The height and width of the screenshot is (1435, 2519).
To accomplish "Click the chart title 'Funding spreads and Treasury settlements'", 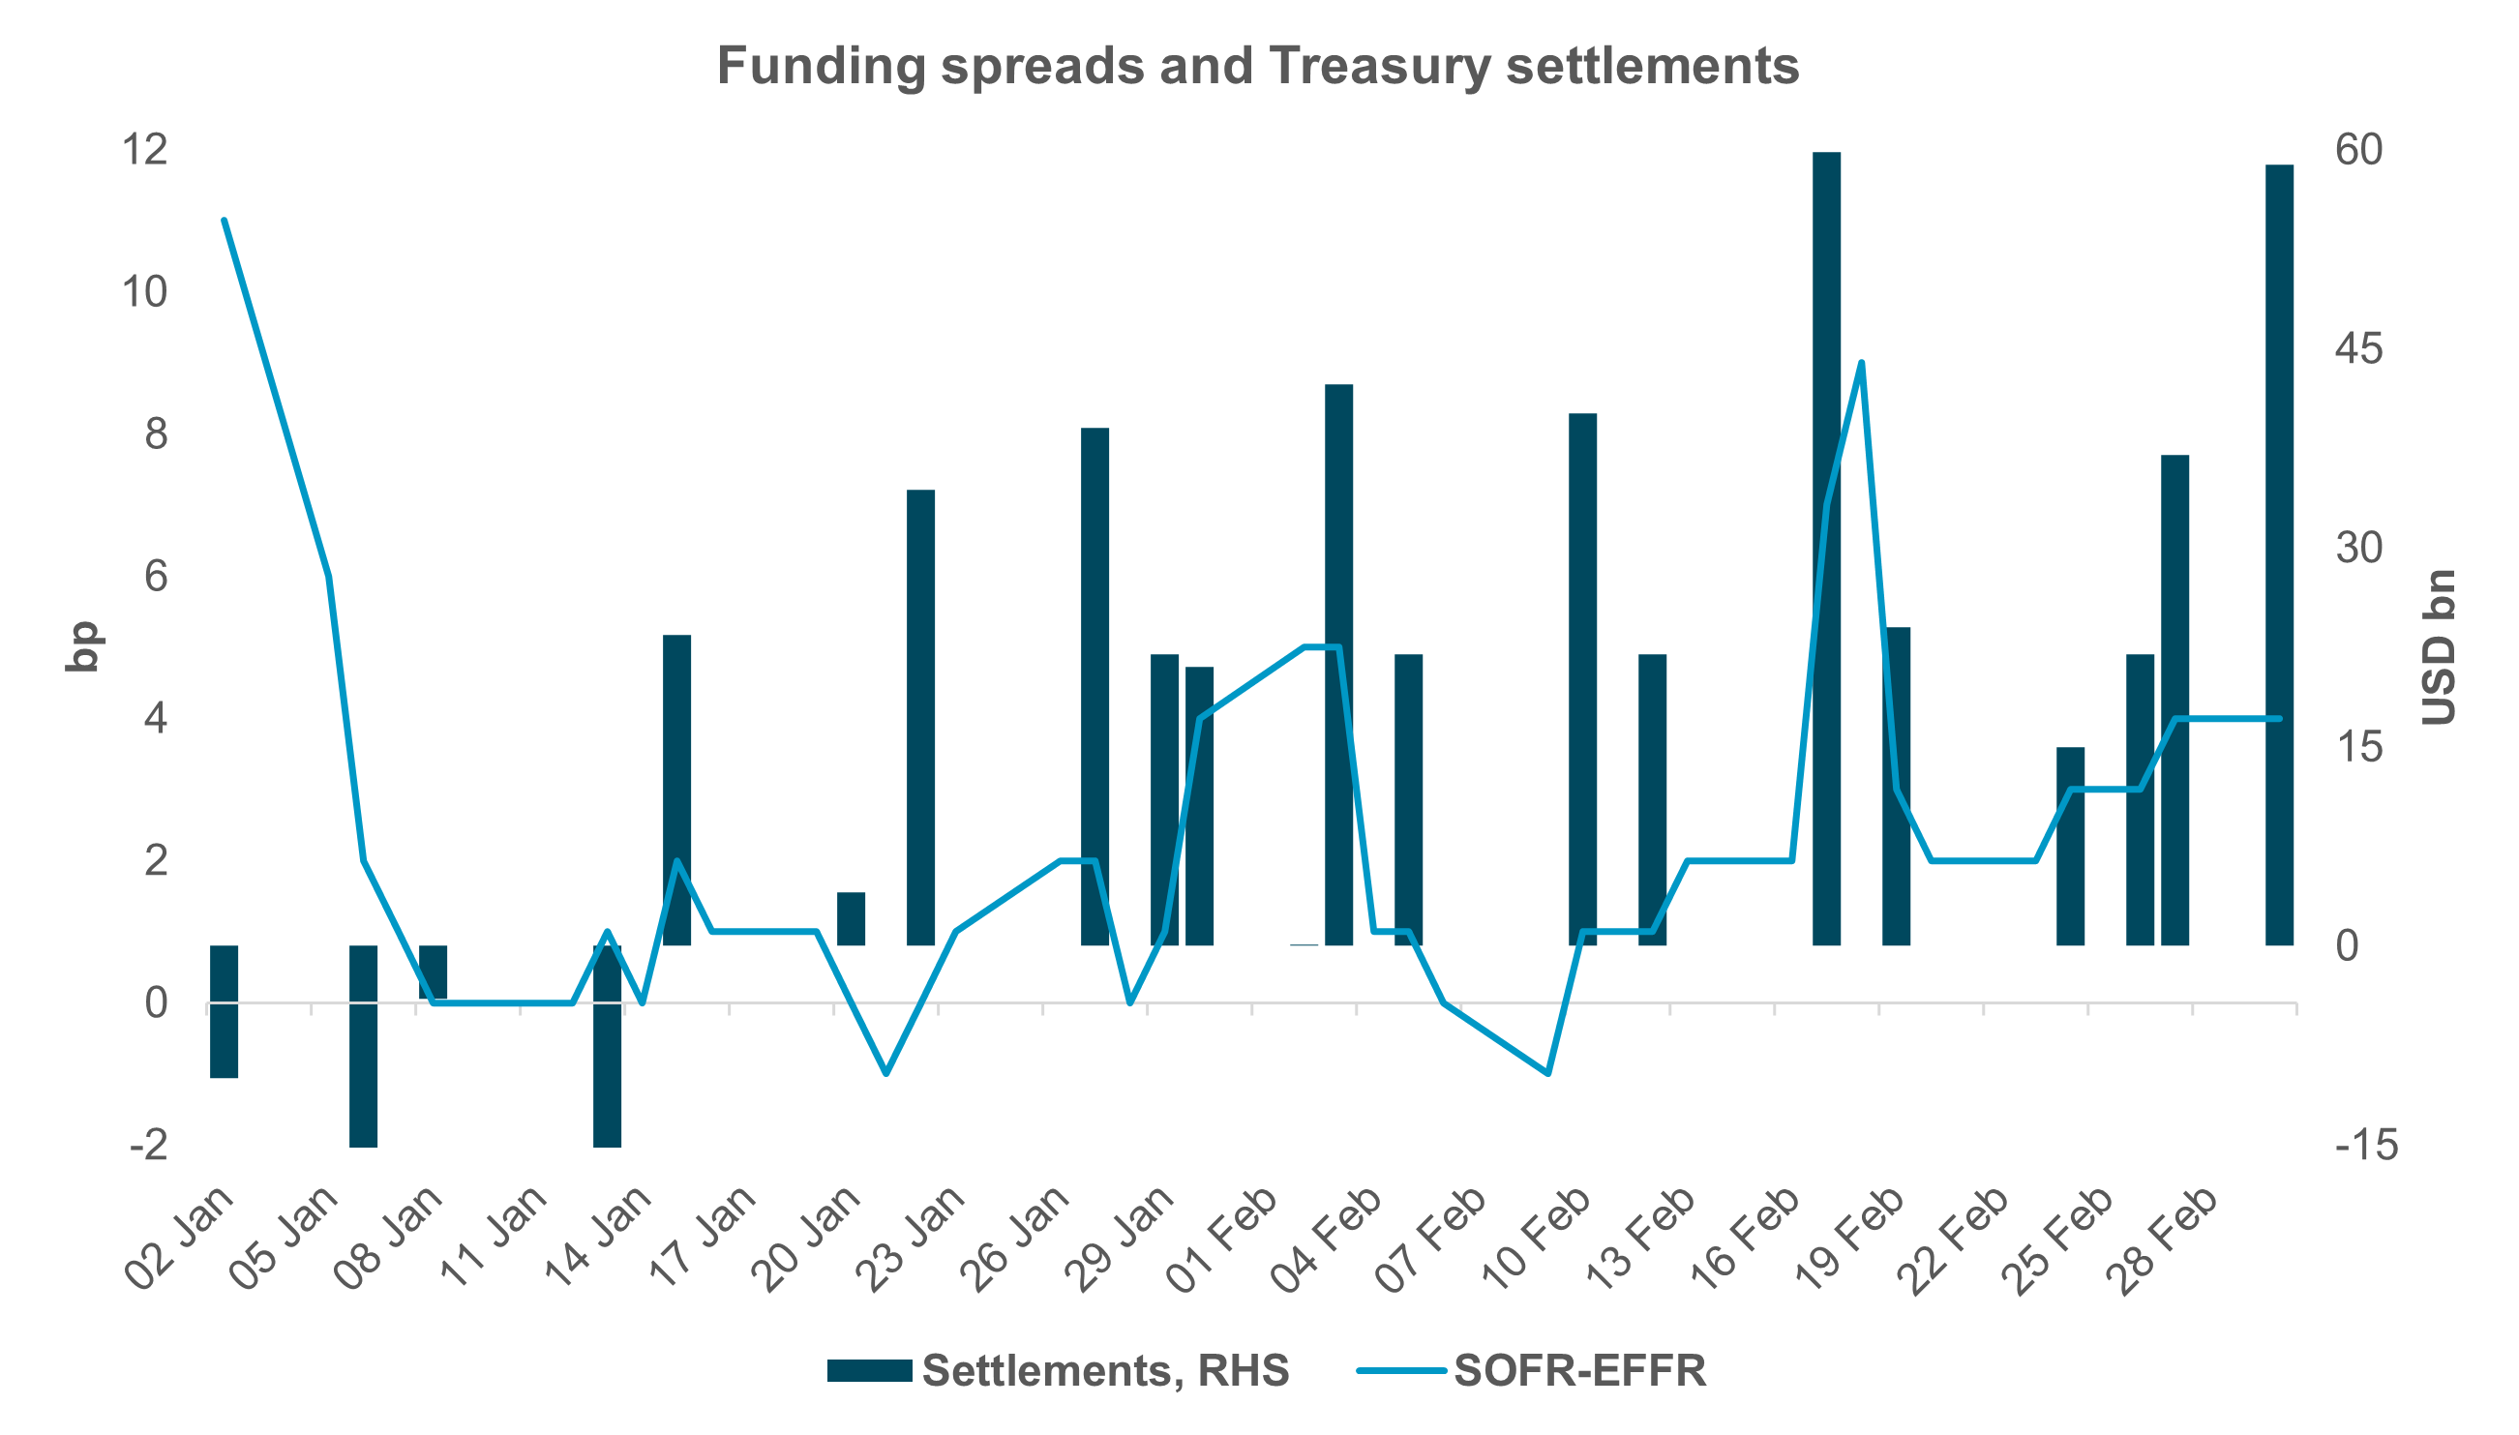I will (1257, 67).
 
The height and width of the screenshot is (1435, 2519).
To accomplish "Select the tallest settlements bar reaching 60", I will (1826, 547).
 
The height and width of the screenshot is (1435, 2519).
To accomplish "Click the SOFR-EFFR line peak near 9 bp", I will (1861, 363).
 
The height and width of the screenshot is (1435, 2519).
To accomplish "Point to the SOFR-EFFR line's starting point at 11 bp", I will (225, 220).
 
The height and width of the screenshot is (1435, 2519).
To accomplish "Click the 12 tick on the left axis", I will (144, 151).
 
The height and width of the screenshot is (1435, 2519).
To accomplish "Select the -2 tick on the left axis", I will (148, 1146).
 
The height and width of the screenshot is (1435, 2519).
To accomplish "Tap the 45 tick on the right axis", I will (2358, 349).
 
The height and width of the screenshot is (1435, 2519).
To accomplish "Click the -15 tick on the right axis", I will (2365, 1146).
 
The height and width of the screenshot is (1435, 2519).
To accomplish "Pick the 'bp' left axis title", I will (83, 646).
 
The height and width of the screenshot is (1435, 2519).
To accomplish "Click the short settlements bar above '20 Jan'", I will (851, 918).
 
